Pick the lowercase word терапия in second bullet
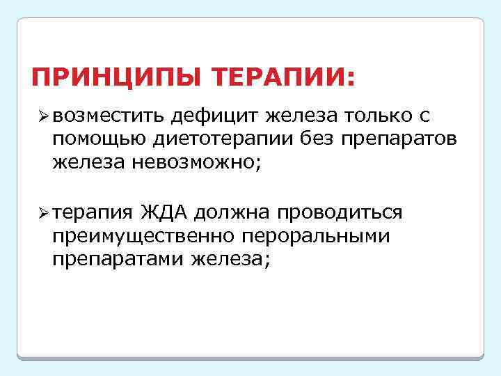click(91, 211)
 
